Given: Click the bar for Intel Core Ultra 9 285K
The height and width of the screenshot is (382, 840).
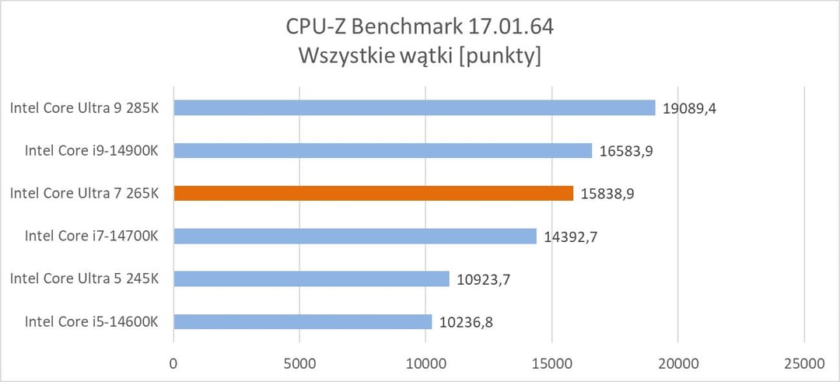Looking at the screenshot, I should (x=414, y=108).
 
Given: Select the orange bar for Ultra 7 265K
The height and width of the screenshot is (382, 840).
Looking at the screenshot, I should (x=373, y=193).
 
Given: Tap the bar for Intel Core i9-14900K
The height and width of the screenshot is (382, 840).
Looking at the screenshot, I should (x=383, y=151).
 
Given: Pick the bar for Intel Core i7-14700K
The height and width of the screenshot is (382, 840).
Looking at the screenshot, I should (x=355, y=236).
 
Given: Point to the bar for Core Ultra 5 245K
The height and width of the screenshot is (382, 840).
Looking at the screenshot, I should (x=311, y=279).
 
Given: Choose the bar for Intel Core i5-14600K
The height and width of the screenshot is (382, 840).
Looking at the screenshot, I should (x=303, y=321).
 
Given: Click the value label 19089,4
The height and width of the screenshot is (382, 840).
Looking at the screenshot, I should (x=689, y=108).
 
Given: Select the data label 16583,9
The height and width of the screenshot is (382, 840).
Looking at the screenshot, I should (x=626, y=151).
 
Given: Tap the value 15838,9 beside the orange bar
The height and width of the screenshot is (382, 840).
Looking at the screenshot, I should (x=607, y=193).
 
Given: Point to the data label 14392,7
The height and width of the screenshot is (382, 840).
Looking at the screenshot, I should (x=570, y=236).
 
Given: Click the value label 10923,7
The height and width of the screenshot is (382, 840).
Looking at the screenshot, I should (x=483, y=279).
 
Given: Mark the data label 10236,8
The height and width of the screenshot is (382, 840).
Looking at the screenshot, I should (x=465, y=321).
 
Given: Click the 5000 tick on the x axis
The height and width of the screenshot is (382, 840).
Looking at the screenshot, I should (x=299, y=363).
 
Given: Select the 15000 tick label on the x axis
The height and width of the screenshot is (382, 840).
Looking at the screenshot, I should (x=551, y=363).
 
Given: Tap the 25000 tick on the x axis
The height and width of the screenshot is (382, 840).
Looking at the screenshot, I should (x=803, y=363).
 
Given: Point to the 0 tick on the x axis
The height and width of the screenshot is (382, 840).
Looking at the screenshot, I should (x=173, y=363).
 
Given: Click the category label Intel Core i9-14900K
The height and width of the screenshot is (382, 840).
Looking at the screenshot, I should (x=92, y=151).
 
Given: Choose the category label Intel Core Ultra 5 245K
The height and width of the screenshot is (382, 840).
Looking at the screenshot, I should (x=85, y=279).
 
